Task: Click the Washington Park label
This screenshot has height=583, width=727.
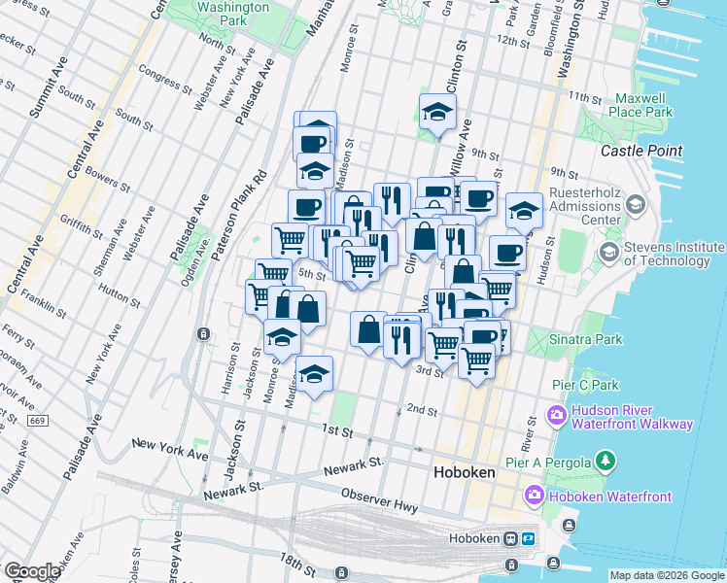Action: tap(232, 13)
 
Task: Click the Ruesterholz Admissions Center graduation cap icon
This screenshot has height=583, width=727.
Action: tap(636, 204)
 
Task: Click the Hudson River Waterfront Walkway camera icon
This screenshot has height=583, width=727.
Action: tap(556, 416)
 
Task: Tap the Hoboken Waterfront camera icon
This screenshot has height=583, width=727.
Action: tap(534, 497)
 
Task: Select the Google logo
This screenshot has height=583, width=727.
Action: tap(32, 571)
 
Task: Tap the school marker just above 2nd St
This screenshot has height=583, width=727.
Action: tap(314, 374)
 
